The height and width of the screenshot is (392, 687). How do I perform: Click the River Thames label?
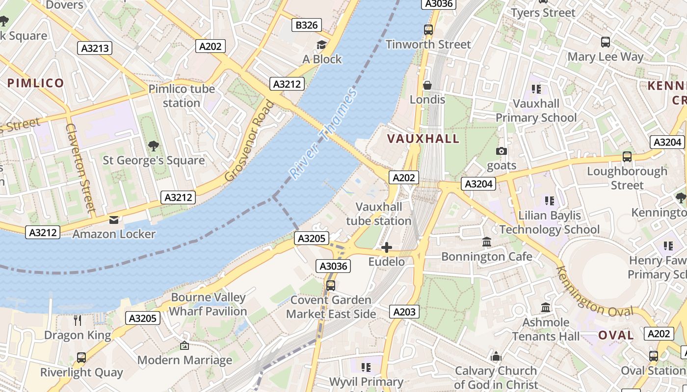(x=322, y=133)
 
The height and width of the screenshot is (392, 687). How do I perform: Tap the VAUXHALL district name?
(x=423, y=139)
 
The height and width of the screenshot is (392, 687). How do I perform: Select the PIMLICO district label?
(x=36, y=83)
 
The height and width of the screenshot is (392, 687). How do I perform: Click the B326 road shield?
(x=307, y=25)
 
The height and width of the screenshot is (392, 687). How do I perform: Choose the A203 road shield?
(x=404, y=311)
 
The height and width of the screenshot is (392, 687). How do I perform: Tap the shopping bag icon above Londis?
(x=427, y=85)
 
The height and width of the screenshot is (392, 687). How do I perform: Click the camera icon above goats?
(x=501, y=151)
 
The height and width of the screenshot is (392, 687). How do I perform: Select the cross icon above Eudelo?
(x=387, y=247)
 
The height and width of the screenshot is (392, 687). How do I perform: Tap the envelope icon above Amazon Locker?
(x=114, y=220)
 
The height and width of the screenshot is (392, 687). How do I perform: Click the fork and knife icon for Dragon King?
(x=78, y=320)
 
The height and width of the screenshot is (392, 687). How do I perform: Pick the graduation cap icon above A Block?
(x=321, y=45)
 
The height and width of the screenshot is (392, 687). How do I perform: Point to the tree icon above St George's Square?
(x=154, y=146)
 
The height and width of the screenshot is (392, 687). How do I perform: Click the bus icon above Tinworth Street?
(x=428, y=30)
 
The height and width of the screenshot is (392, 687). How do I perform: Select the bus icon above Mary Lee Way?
(x=605, y=42)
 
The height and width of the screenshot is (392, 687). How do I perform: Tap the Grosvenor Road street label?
(x=250, y=141)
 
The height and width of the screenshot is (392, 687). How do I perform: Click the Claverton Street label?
(x=79, y=167)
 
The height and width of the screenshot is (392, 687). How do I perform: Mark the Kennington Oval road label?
(x=594, y=292)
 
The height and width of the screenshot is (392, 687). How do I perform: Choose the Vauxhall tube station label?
(x=378, y=214)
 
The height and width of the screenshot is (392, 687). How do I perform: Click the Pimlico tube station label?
(x=182, y=96)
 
